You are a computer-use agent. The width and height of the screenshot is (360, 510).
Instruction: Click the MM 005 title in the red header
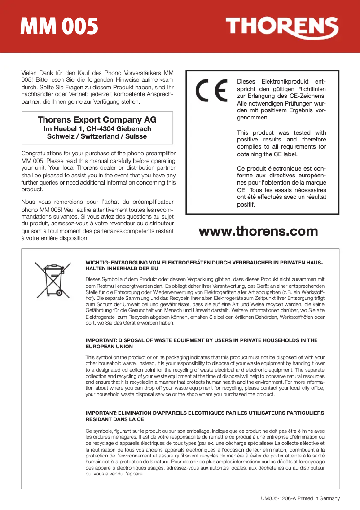click(x=59, y=27)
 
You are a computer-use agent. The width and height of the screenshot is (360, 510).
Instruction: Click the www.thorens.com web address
click(x=258, y=231)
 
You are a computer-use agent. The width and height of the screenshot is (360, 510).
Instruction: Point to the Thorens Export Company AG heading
click(x=97, y=120)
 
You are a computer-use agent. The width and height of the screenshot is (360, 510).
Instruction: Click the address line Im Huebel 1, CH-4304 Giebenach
click(x=97, y=129)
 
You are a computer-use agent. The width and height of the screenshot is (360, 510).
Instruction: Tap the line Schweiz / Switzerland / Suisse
click(x=97, y=136)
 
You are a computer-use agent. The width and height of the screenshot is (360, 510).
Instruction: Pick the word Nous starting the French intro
click(x=29, y=202)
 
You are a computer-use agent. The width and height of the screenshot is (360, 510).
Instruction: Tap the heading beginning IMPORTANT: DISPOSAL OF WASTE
click(x=201, y=340)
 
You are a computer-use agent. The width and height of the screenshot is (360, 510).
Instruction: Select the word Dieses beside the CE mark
click(x=246, y=82)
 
